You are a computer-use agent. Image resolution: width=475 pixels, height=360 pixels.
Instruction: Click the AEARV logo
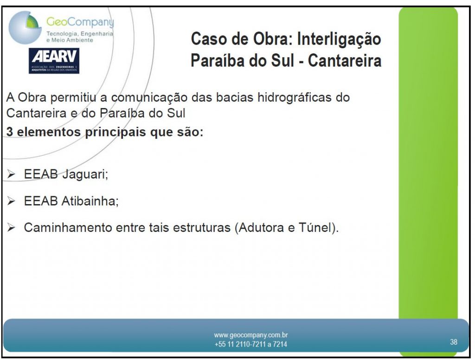click(54, 61)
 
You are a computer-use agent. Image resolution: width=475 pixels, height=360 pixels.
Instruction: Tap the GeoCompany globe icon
click(25, 27)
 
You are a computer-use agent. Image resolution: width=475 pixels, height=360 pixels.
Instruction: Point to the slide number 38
click(454, 342)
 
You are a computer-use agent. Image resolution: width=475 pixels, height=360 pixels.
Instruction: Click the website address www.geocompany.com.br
click(251, 335)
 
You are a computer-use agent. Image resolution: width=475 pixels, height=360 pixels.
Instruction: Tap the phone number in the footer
click(251, 344)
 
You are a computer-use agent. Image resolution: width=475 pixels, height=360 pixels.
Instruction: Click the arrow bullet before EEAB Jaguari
click(11, 174)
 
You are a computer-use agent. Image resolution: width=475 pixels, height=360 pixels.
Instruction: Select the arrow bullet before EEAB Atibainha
click(11, 200)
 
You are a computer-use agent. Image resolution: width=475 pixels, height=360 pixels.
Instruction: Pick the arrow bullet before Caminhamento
click(11, 227)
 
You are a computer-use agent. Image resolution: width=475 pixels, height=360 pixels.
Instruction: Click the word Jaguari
click(85, 174)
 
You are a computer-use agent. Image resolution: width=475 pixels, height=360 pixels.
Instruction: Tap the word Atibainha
click(90, 201)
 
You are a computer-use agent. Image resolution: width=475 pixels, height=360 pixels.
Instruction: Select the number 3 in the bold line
click(10, 132)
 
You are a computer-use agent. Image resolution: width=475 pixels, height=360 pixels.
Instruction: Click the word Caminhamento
click(68, 227)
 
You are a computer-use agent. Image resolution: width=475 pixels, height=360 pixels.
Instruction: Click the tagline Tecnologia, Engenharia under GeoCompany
click(80, 33)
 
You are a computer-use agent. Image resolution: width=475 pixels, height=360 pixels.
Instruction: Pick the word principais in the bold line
click(116, 132)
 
